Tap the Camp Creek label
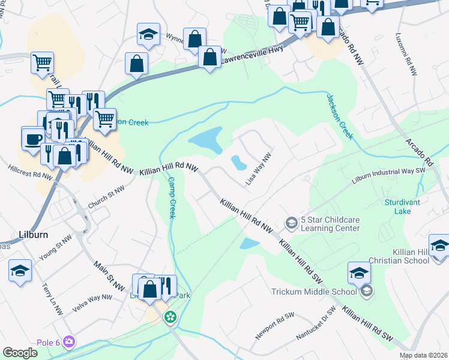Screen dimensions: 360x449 (170, 197)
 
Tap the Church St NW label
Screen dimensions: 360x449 (107, 197)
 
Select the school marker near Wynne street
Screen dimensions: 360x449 (148, 35)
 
